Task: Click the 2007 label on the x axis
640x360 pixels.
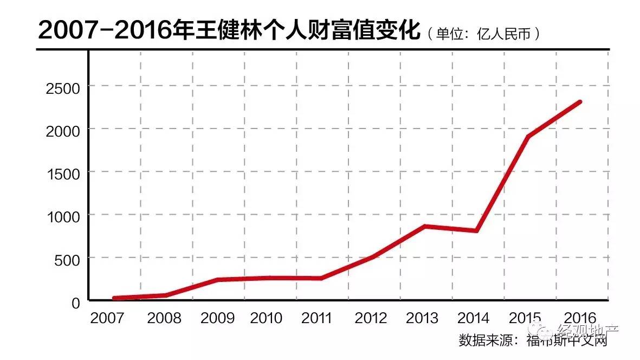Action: tap(107, 318)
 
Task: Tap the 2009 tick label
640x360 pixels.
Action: tap(217, 318)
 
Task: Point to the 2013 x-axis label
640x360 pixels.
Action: tap(422, 318)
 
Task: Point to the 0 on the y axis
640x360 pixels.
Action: tap(76, 303)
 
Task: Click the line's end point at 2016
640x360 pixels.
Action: tap(580, 102)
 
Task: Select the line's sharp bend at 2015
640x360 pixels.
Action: tap(528, 136)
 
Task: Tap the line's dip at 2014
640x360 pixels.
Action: tap(476, 230)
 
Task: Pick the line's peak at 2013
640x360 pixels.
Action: tap(424, 226)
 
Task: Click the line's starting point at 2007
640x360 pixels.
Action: tap(114, 298)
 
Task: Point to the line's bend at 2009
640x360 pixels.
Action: tap(217, 280)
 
